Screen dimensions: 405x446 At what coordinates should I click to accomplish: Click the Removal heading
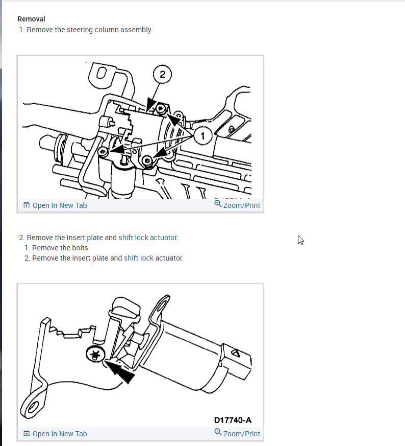(x=31, y=19)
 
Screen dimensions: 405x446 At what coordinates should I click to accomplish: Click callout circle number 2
(x=162, y=74)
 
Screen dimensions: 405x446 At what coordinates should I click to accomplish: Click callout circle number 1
(x=203, y=136)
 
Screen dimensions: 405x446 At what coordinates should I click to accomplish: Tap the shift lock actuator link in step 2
(x=148, y=238)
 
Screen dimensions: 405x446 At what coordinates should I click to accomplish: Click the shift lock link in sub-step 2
(x=139, y=258)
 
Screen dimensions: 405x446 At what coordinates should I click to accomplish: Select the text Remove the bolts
(x=61, y=248)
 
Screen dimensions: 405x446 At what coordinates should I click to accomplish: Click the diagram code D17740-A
(x=233, y=420)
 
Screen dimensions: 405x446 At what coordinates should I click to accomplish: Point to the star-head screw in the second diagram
(x=95, y=355)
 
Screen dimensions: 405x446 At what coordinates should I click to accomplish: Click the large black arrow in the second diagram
(x=119, y=371)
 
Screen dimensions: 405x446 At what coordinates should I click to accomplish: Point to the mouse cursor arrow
(x=300, y=240)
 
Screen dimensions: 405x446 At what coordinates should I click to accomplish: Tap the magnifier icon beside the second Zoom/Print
(x=218, y=432)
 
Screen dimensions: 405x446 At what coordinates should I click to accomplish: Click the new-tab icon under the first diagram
(x=27, y=205)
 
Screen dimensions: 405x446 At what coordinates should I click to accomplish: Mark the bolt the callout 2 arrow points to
(x=161, y=109)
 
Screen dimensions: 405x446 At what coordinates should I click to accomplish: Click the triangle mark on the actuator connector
(x=236, y=353)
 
